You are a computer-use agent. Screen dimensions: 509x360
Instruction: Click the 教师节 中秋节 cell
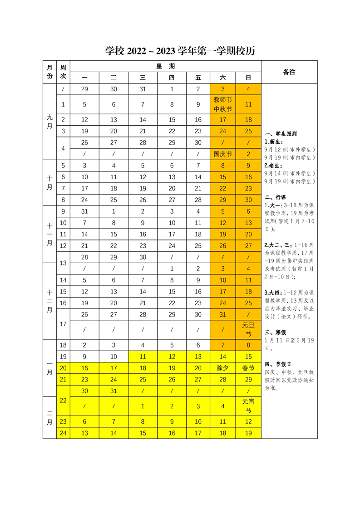click(223, 104)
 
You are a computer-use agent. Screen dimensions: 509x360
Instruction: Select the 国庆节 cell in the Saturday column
click(223, 154)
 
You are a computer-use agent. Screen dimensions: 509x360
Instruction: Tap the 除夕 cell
click(223, 368)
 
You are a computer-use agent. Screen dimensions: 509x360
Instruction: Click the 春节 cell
click(248, 368)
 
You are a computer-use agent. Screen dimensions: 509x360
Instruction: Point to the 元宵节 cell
click(248, 406)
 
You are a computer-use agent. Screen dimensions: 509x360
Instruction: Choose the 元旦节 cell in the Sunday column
click(248, 329)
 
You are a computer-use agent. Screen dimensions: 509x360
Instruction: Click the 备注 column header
click(289, 72)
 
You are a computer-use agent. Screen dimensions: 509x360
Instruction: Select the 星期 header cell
click(166, 66)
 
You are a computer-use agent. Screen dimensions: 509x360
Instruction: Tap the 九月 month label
click(49, 122)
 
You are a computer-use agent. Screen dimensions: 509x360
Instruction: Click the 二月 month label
click(49, 417)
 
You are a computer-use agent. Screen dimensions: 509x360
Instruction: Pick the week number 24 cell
click(63, 433)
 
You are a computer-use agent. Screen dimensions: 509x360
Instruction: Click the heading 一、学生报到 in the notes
click(281, 134)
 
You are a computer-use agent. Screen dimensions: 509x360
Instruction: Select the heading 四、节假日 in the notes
click(278, 364)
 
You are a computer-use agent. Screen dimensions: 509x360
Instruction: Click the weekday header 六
click(223, 78)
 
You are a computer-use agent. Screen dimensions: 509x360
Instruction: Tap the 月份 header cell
click(49, 72)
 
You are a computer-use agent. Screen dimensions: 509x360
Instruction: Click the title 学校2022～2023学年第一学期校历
click(180, 51)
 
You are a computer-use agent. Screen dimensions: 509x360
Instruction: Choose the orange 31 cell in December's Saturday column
click(223, 314)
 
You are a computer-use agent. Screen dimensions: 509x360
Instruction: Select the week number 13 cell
click(63, 263)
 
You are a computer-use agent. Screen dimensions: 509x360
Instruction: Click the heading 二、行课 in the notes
click(275, 197)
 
